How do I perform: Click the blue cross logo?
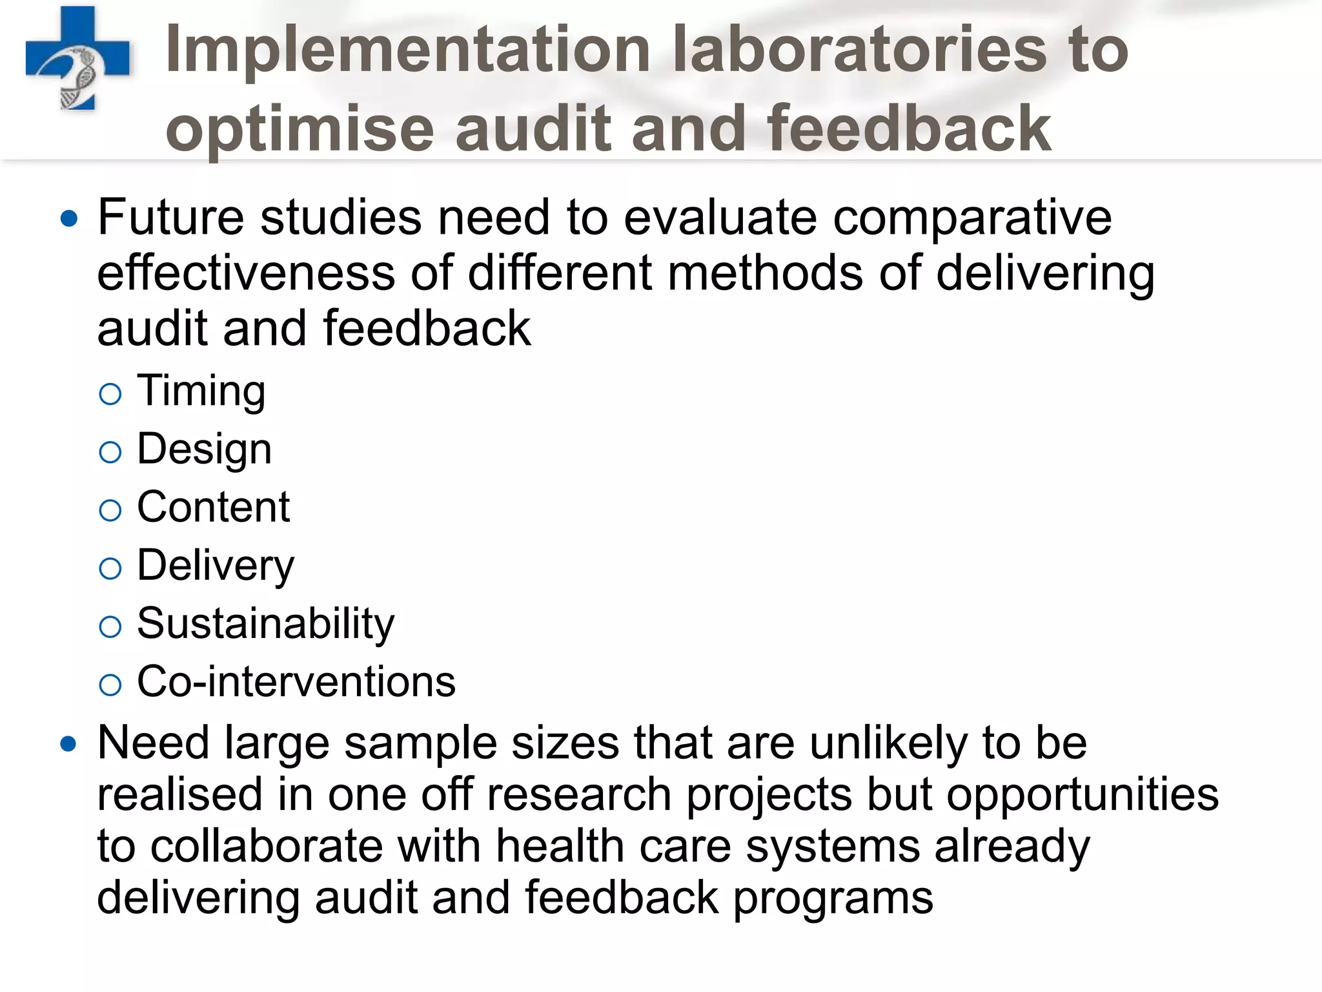77,59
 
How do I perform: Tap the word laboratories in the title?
859,50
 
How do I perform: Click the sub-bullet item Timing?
201,391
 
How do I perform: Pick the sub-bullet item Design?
204,449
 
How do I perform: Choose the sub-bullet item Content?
213,507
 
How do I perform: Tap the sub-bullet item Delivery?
216,566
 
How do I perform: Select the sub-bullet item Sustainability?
265,624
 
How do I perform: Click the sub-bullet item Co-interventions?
296,682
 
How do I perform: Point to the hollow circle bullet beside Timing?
110,394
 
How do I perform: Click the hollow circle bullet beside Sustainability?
110,626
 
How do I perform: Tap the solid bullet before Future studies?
68,218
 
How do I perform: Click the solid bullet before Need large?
68,744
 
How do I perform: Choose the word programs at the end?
833,899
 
